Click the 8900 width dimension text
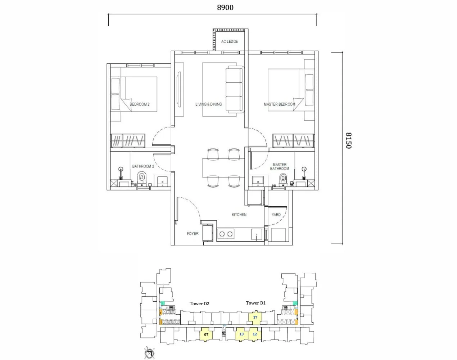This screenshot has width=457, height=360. coord(225,7)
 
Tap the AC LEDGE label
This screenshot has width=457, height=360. coord(229,42)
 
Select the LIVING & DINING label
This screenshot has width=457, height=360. coord(208,104)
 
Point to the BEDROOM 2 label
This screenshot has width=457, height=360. coord(140,104)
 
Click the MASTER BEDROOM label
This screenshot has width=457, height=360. coord(279,104)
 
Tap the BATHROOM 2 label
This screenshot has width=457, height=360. coord(143,166)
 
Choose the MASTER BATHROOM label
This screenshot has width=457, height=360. coord(280,167)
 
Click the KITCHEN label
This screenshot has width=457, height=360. coord(239,215)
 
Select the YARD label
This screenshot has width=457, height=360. coord(276,215)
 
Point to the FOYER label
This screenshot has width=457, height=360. coord(193,234)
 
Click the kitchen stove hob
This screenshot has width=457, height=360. coord(226,234)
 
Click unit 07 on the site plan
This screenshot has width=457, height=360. coord(206,334)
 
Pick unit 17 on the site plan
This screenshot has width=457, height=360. coord(255,317)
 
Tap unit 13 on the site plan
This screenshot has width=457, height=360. coord(241,334)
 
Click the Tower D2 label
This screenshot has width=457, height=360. coord(199,304)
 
